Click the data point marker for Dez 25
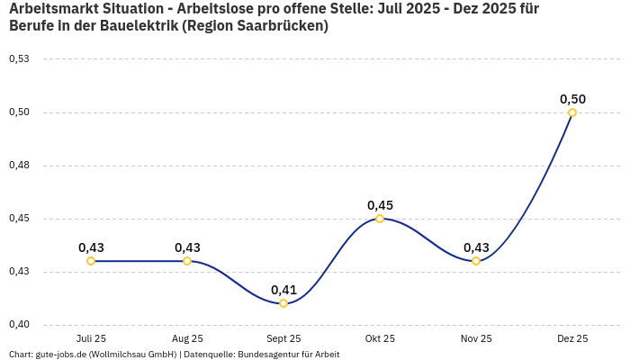pyautogui.click(x=572, y=112)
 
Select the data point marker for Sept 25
pyautogui.click(x=283, y=303)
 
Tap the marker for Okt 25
pyautogui.click(x=380, y=219)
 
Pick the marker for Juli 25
pyautogui.click(x=91, y=261)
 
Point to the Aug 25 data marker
pyautogui.click(x=187, y=261)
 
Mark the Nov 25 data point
pyautogui.click(x=476, y=261)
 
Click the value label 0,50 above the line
pyautogui.click(x=572, y=99)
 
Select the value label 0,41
pyautogui.click(x=283, y=290)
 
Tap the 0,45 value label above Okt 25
pyautogui.click(x=380, y=205)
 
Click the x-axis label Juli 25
pyautogui.click(x=91, y=338)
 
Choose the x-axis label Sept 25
pyautogui.click(x=283, y=338)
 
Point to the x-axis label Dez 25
pyautogui.click(x=572, y=338)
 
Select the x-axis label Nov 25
pyautogui.click(x=476, y=338)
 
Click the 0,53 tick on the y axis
pyautogui.click(x=19, y=59)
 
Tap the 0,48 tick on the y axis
pyautogui.click(x=19, y=166)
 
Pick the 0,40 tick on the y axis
pyautogui.click(x=19, y=325)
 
